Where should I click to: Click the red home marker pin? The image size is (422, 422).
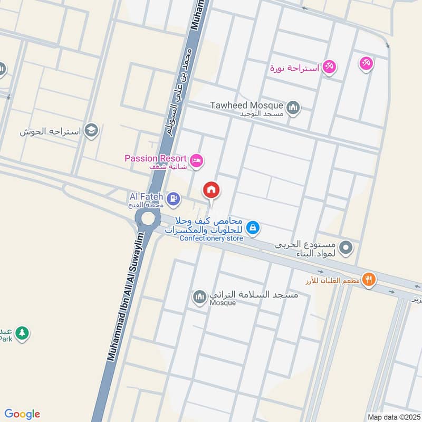212,190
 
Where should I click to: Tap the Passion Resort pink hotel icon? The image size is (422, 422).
196,161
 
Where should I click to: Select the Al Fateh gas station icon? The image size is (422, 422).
173,199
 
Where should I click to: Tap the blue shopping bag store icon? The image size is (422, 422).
253,227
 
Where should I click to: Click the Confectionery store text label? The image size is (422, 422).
211,238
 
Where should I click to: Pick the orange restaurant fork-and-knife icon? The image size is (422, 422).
369,280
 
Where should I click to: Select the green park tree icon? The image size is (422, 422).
22,333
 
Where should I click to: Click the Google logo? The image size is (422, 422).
22,414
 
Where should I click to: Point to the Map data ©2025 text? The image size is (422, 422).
393,417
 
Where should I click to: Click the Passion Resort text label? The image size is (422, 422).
156,158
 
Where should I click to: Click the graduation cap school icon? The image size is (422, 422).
92,131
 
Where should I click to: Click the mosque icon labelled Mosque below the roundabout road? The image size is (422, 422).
199,298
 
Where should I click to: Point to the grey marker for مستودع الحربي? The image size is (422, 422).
346,247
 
